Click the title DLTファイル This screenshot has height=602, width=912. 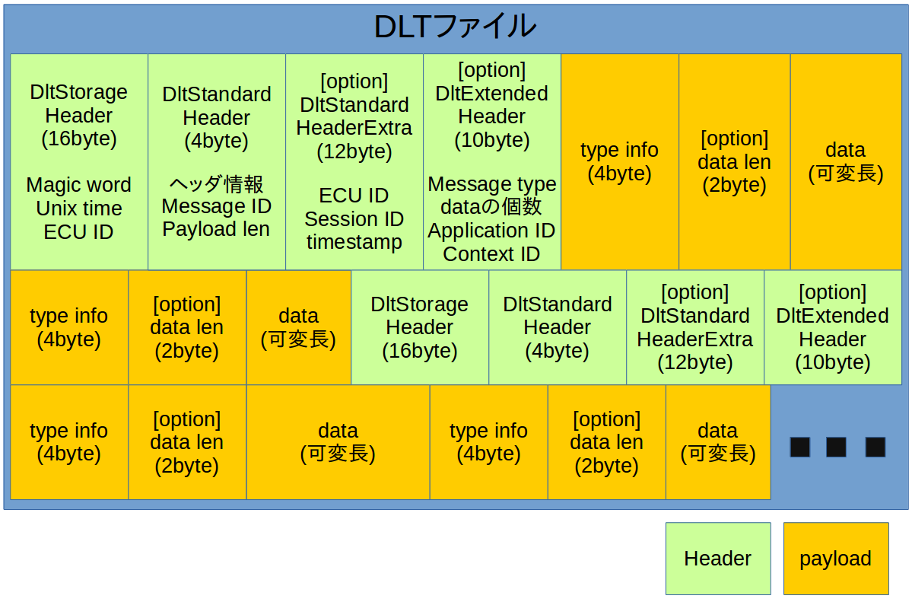455,27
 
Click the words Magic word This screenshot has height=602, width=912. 78,185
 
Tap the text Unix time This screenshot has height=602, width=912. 78,209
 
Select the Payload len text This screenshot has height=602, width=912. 216,229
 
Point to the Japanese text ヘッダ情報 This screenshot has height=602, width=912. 216,183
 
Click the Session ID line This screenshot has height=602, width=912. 354,219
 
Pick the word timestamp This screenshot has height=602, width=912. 354,242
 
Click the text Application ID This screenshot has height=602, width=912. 491,231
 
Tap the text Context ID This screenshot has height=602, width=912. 491,254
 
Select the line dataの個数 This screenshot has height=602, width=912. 491,207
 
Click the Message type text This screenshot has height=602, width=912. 491,184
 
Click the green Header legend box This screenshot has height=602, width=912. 717,559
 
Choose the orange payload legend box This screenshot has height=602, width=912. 835,559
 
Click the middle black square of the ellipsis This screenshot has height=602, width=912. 836,447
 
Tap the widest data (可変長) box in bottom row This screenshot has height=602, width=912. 338,442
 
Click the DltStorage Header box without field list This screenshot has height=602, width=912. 419,327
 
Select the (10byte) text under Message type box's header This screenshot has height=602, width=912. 491,140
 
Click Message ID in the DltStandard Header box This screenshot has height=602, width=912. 216,206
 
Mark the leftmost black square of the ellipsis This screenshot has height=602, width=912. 799,447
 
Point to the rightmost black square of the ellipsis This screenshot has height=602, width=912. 875,447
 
